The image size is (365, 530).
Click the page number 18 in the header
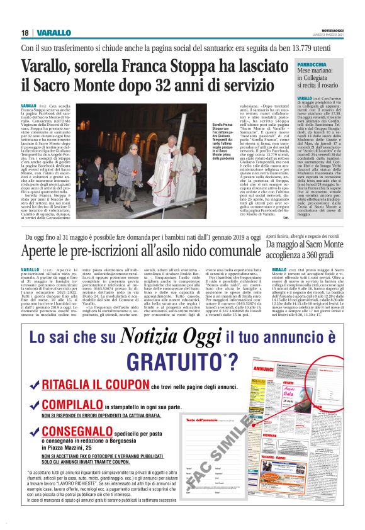click(25, 32)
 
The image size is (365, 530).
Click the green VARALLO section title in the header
click(49, 32)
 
